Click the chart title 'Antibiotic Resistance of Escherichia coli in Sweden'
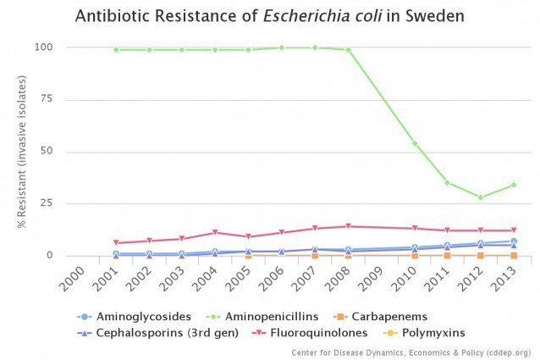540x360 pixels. (x=269, y=17)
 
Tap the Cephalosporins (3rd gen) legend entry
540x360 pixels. (x=167, y=333)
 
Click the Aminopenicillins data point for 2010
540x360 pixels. (x=414, y=143)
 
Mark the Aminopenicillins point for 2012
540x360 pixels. (x=480, y=197)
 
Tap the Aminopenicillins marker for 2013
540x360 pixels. (x=514, y=185)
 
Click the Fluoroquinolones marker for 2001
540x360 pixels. (x=116, y=243)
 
